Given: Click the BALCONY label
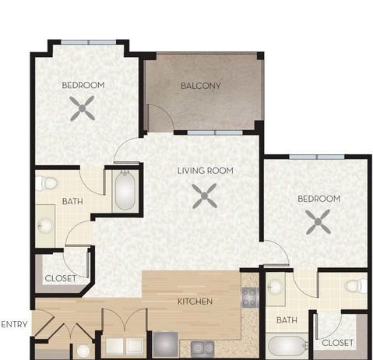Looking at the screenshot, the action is point(201,86).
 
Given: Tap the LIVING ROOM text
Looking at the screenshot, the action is point(206,171).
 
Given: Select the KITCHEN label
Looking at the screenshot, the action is point(195,302).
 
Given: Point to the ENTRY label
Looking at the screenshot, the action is point(14,324).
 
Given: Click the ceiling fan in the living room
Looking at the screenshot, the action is point(205,196).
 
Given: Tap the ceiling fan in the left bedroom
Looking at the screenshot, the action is point(83,108).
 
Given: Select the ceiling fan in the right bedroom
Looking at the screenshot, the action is point(318,222).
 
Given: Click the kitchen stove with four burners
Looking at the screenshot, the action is point(250,298).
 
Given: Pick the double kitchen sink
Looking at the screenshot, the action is point(202,348).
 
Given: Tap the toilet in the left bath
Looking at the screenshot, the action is point(47,183).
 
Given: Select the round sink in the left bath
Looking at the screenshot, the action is point(45,225).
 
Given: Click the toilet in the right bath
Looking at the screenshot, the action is point(357,286).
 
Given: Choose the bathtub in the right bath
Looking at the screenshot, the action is point(287,346).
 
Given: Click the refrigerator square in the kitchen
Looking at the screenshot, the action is point(165,344).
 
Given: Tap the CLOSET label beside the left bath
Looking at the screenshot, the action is point(61,278).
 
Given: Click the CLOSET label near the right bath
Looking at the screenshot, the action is point(337,343).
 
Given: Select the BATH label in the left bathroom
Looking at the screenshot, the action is point(72,201).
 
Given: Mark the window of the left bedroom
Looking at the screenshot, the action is point(89,43).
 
